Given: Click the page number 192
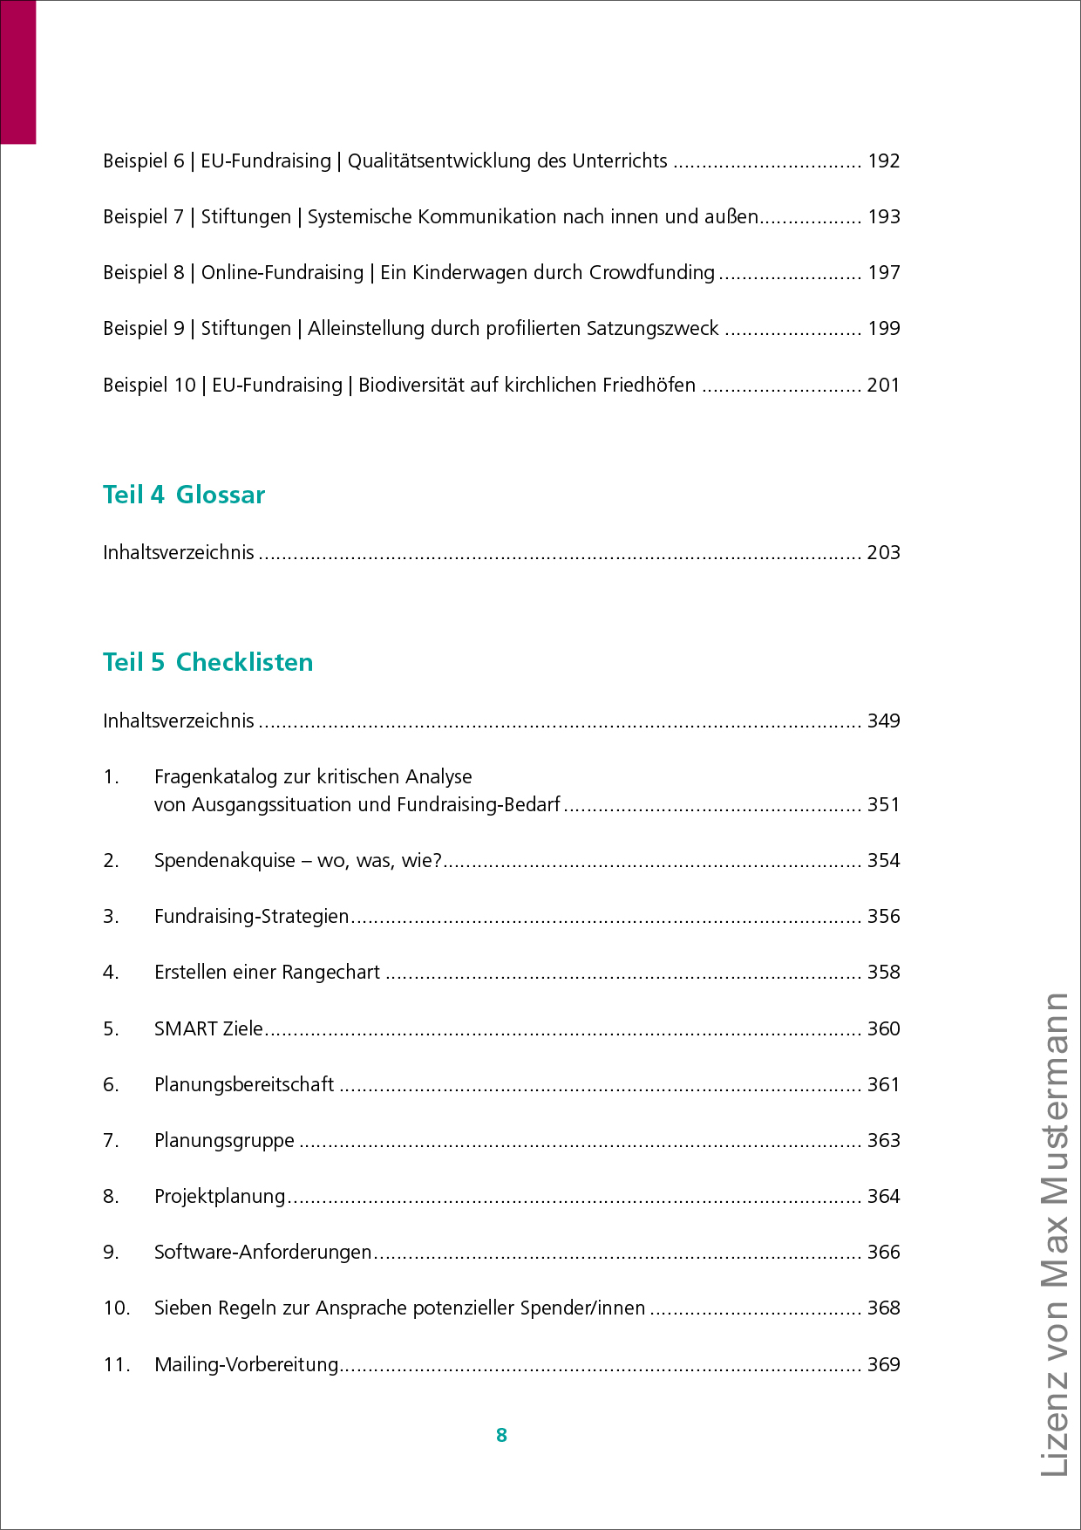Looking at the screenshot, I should pyautogui.click(x=883, y=161).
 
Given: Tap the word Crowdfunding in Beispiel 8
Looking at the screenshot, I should pyautogui.click(x=652, y=273).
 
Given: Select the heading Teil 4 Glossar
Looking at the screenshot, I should pyautogui.click(x=184, y=495).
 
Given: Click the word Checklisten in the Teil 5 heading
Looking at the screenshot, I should pyautogui.click(x=244, y=662).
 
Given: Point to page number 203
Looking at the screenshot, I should pyautogui.click(x=883, y=553).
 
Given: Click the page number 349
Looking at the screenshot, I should pyautogui.click(x=883, y=721).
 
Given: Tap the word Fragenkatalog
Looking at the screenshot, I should pyautogui.click(x=210, y=777).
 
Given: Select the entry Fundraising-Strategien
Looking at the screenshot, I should pyautogui.click(x=251, y=917).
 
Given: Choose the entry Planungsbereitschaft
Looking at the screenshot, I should pyautogui.click(x=244, y=1085).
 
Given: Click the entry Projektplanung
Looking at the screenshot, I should pyautogui.click(x=220, y=1197).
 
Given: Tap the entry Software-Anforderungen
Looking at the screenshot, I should pyautogui.click(x=262, y=1253).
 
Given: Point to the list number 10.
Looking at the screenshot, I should pyautogui.click(x=116, y=1308).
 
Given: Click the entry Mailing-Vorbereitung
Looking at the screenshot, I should pyautogui.click(x=246, y=1365).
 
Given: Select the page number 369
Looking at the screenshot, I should pyautogui.click(x=883, y=1365).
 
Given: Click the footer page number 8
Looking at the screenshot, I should pyautogui.click(x=501, y=1436).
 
